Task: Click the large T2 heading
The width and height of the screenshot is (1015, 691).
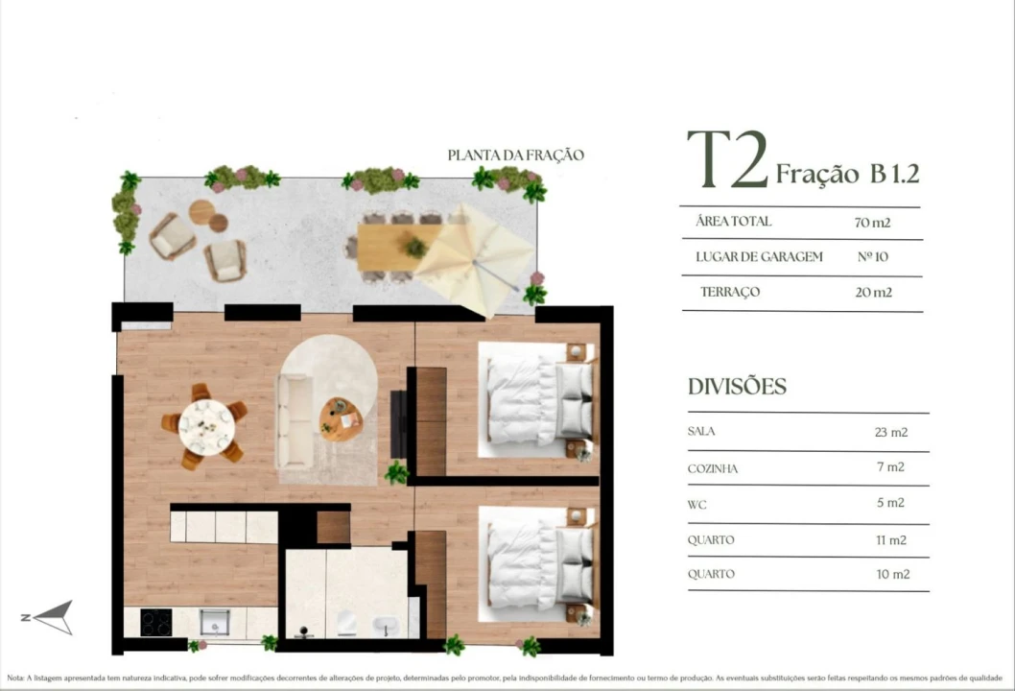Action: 727,160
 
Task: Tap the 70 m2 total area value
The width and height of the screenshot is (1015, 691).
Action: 872,223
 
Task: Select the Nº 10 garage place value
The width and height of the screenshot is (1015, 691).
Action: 872,257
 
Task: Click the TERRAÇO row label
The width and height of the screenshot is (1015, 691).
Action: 730,292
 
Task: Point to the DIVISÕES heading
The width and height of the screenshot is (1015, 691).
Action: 737,387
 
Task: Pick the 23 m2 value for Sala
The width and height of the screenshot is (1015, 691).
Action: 890,432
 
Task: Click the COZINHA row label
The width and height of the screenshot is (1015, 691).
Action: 713,468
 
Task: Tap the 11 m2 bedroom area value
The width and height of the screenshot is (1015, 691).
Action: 890,539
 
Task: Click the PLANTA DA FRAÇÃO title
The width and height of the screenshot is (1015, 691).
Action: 515,155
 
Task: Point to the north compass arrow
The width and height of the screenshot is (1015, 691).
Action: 52,617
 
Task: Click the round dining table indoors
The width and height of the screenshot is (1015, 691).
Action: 206,427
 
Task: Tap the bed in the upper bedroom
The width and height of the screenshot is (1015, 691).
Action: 536,399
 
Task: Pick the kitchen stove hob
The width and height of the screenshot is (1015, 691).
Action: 155,623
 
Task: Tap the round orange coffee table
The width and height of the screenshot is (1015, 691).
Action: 341,418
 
